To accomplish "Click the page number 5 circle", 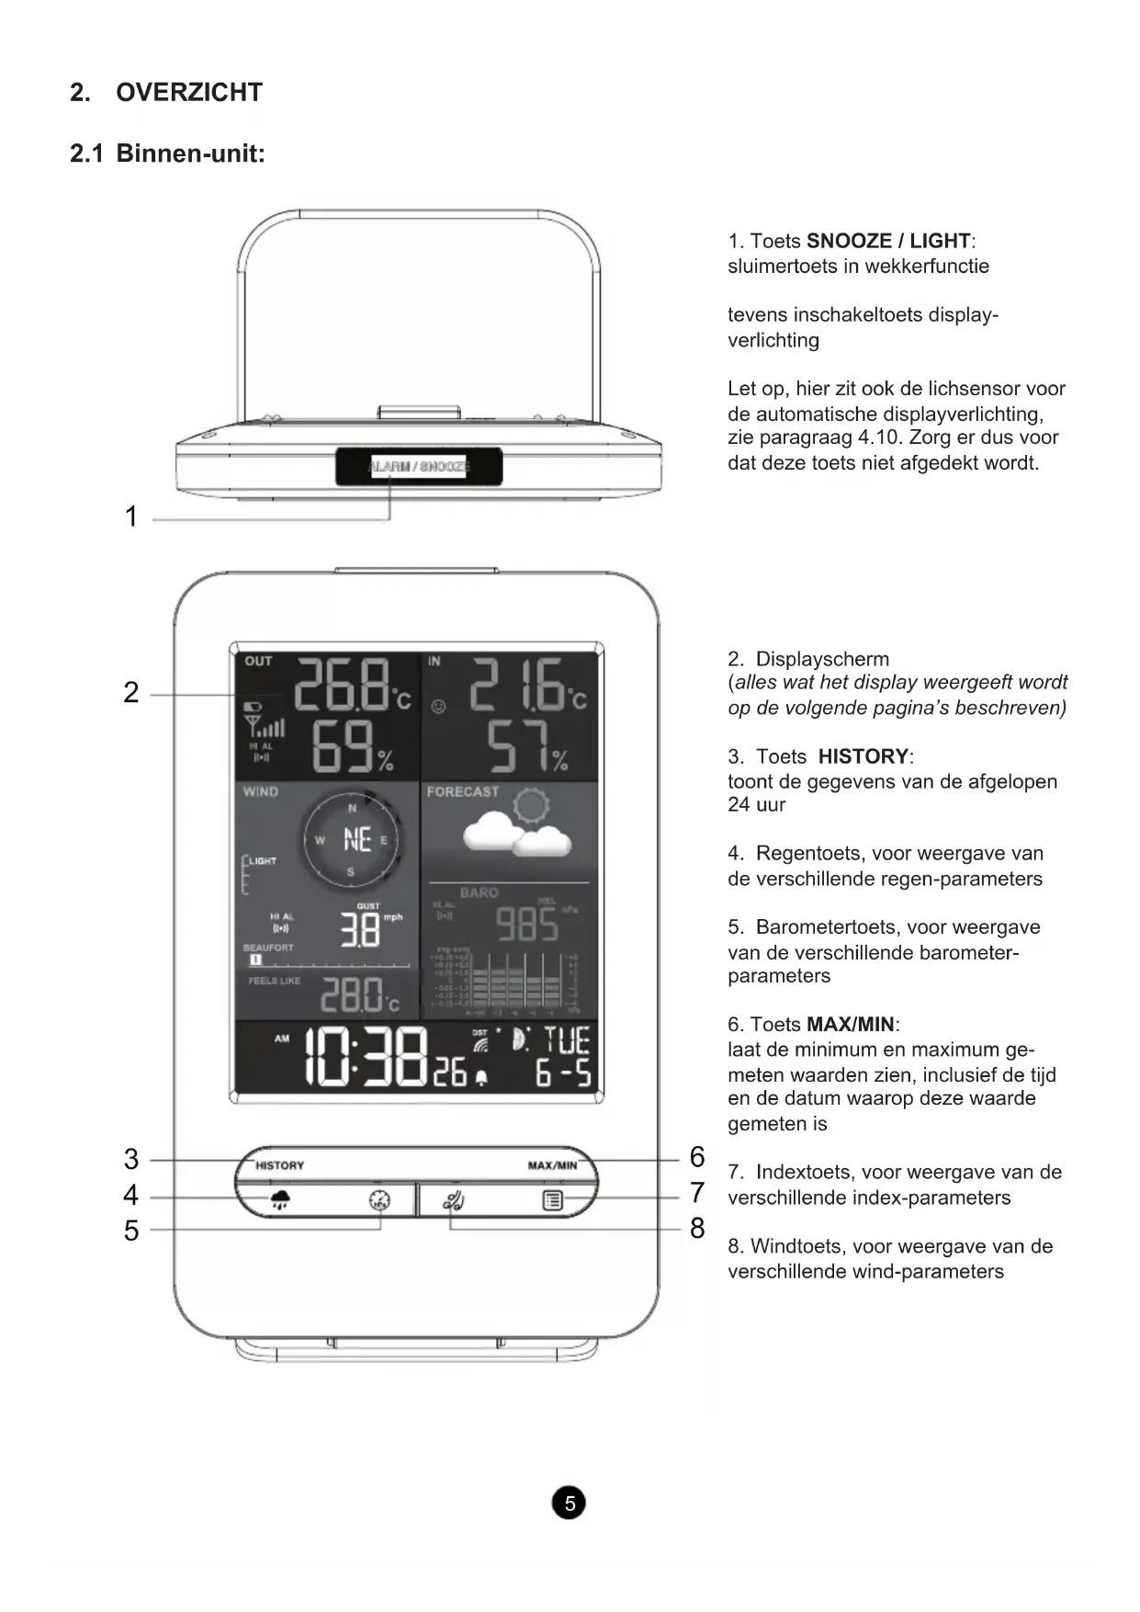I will (569, 1503).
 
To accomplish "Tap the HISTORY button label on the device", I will (279, 1165).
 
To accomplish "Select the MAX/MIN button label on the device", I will (552, 1165).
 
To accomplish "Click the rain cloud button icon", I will (280, 1199).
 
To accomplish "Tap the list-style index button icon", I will (552, 1200).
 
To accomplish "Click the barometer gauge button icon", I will (379, 1200).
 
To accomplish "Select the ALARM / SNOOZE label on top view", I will (419, 467).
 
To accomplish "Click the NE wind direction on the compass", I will (356, 839).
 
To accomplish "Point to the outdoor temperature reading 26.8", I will (341, 686).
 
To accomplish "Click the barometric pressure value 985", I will (527, 924).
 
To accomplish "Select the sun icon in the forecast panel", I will (531, 806).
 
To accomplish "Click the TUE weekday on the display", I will (567, 1040).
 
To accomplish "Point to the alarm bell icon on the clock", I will (480, 1078).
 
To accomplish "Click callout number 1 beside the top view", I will (131, 517).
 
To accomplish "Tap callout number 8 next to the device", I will (697, 1228).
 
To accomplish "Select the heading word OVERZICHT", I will (189, 93).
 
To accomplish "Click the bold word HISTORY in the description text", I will (863, 756).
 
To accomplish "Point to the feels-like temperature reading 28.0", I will (350, 994).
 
